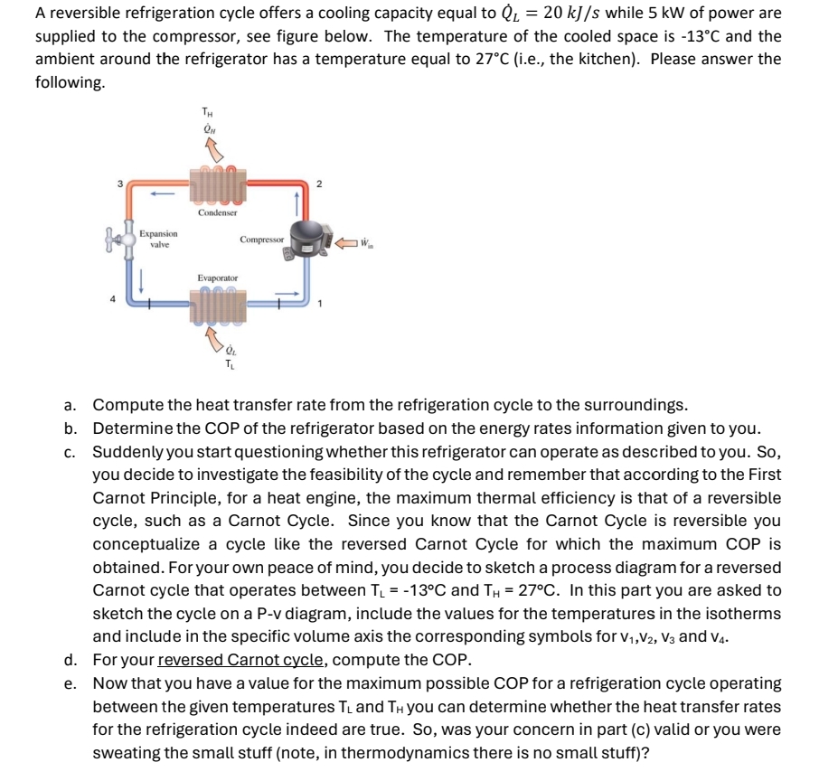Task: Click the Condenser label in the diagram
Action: tap(217, 212)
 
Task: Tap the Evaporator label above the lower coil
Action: tap(217, 278)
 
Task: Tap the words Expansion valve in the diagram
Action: tap(157, 239)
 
